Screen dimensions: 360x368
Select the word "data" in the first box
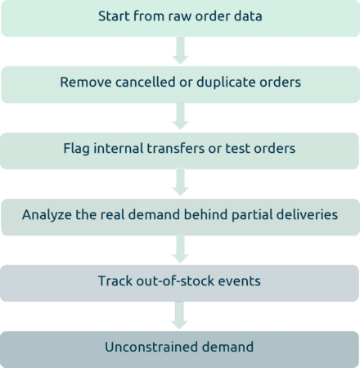click(248, 16)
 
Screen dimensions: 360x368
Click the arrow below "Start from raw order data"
click(180, 51)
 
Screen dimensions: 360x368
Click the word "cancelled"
click(145, 82)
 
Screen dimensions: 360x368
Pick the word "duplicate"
click(226, 83)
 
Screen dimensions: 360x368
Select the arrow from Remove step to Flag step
click(180, 116)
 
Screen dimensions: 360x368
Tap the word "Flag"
click(76, 149)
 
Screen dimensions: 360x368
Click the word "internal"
click(119, 148)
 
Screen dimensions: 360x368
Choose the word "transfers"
click(176, 148)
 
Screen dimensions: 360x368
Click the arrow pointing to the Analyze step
click(180, 182)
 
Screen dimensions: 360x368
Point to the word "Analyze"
click(47, 215)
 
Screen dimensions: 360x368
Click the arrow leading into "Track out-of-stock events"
click(180, 249)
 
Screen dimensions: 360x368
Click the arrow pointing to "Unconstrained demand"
click(179, 316)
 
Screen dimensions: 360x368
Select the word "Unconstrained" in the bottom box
click(151, 347)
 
